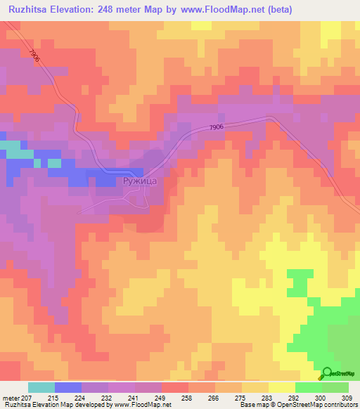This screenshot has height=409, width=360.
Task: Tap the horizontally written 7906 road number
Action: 217,126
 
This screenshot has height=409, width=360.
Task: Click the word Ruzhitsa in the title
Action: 27,10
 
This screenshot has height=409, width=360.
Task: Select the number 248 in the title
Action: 122,10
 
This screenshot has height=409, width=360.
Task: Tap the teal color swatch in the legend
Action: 41,387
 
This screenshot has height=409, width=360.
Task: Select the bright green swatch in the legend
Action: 308,387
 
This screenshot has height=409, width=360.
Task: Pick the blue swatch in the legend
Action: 67,387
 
